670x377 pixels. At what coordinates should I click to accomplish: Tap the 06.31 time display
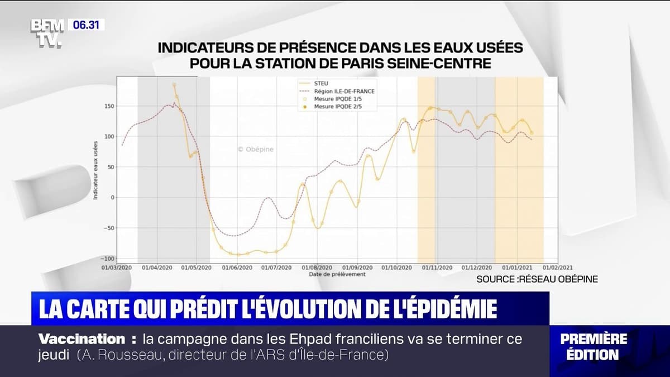click(x=87, y=25)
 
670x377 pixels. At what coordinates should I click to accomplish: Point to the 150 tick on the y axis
click(x=109, y=107)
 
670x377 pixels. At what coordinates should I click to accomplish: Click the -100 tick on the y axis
click(x=107, y=259)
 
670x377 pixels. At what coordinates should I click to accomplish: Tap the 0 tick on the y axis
click(x=112, y=198)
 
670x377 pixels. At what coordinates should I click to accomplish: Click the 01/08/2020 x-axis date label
click(x=317, y=268)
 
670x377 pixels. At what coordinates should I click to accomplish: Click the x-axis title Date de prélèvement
click(x=337, y=274)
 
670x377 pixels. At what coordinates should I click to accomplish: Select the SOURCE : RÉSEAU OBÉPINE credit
click(x=537, y=279)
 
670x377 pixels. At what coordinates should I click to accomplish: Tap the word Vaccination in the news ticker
click(x=82, y=338)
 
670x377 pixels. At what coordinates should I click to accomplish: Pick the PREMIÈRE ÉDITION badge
click(x=594, y=346)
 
